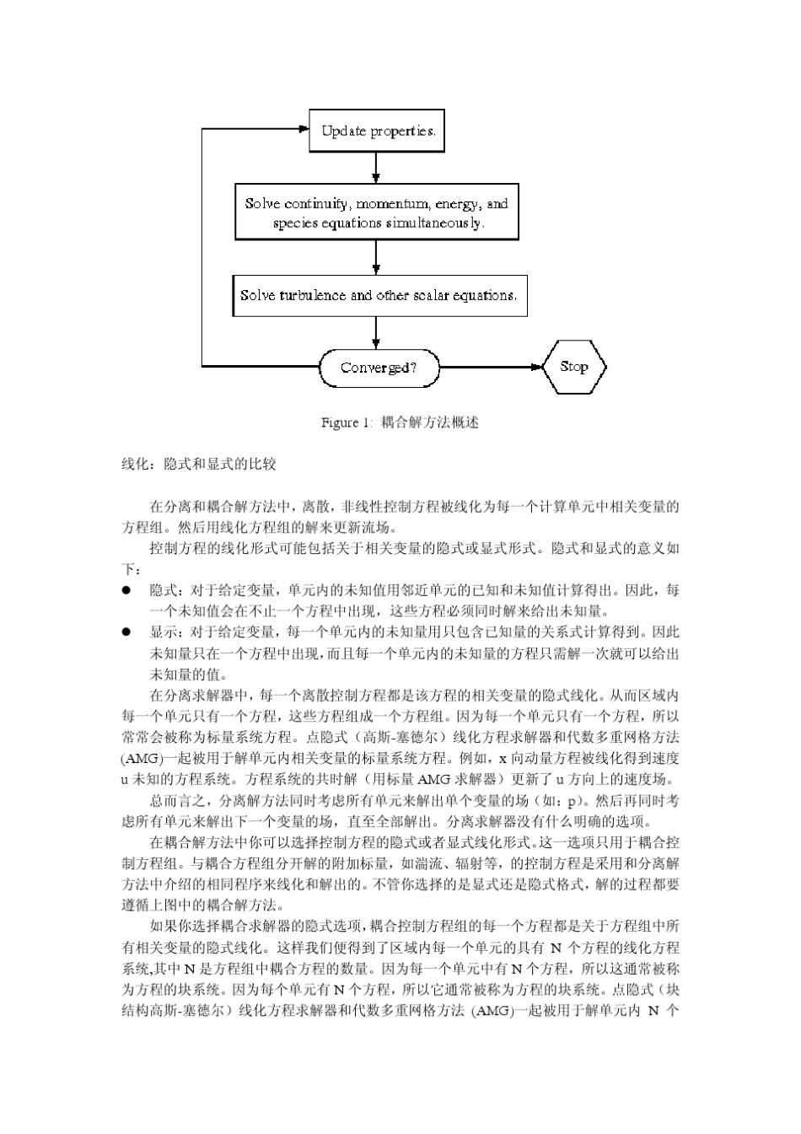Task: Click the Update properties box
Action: coord(377,131)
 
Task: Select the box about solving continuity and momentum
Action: coord(376,213)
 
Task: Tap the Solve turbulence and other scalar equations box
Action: coord(379,296)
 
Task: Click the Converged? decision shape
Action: coord(380,368)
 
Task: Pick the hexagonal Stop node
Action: coord(574,367)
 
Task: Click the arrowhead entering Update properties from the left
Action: coord(304,130)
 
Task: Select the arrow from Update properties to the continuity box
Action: coord(376,169)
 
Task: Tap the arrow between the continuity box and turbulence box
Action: coord(376,257)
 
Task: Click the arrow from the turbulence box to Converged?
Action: coord(376,332)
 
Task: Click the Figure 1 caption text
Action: coord(400,422)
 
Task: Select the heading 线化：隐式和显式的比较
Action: coord(199,465)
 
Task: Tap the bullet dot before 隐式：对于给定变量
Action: coord(126,590)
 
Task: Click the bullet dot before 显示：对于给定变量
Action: coord(126,631)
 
